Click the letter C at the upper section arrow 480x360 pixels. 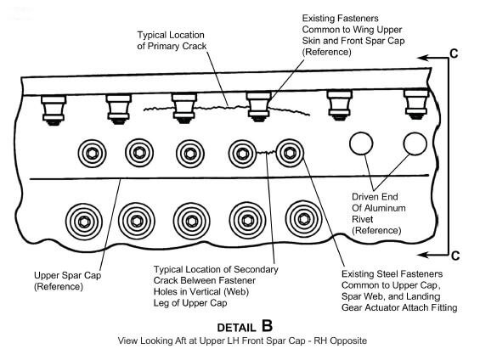pos(454,53)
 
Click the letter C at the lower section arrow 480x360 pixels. pos(455,256)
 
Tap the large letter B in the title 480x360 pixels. pos(267,325)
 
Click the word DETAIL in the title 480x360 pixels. pos(236,328)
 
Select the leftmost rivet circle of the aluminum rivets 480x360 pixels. pos(361,143)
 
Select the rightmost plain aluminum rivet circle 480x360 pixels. pos(415,143)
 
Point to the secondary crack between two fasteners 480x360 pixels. pos(266,152)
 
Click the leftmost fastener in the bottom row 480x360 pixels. pos(84,222)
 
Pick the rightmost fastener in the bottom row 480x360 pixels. pos(303,219)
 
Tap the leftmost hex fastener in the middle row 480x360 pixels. pos(92,154)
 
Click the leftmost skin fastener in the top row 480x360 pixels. pos(54,110)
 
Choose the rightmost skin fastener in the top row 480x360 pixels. pos(415,104)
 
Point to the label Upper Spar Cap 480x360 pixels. pos(68,275)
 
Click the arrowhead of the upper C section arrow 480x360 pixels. pos(423,58)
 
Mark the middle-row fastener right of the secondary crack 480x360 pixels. pos(290,153)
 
